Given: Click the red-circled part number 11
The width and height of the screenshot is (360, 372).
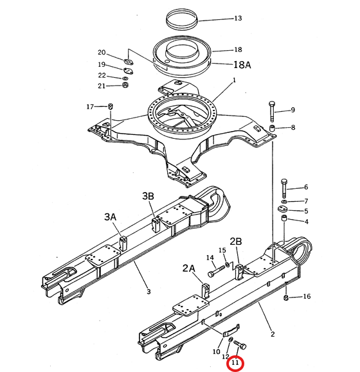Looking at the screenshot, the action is point(235,362).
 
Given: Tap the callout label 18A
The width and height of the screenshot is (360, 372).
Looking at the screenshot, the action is point(242,64).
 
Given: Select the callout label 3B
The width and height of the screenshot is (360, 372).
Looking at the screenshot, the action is point(148,196).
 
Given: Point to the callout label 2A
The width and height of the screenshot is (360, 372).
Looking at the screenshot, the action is point(189,269).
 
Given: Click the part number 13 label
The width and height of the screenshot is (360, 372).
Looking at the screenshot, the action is point(238,18).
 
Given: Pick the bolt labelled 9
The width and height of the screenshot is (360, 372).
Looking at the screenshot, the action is point(272,111).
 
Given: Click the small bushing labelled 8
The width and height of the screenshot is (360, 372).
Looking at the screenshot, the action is point(272,128).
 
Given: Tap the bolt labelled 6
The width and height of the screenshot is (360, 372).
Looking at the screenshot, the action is point(284,189).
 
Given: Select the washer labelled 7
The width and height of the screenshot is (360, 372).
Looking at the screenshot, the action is point(284,202).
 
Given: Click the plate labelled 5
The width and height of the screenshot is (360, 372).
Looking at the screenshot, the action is point(283,209).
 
